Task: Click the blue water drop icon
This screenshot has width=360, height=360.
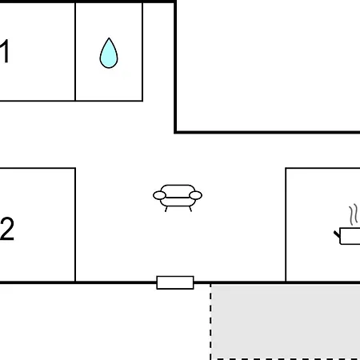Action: point(109,54)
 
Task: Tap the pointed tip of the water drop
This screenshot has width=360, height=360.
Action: point(109,38)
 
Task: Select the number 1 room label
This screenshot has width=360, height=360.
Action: point(5,51)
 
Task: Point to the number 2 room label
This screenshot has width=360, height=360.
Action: point(7,229)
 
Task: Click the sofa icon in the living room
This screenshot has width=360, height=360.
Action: point(178,198)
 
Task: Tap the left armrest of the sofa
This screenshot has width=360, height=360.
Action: point(159,195)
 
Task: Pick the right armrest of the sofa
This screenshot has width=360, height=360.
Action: point(195,195)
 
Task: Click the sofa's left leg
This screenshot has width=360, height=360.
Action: point(166,209)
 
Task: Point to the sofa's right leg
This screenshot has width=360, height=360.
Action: point(190,209)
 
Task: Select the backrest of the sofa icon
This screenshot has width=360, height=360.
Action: point(178,190)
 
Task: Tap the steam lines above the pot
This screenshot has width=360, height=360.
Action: point(354,214)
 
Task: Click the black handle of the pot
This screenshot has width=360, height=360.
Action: point(337,234)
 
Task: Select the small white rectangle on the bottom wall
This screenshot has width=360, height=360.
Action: point(175,282)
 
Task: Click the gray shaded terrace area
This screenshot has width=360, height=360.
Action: point(286,322)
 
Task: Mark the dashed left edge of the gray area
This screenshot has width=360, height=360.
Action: point(210,322)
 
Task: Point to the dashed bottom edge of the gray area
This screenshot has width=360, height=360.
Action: point(286,359)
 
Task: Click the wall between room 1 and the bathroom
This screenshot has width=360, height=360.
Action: point(75,51)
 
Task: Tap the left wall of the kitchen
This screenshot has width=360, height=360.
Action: point(286,225)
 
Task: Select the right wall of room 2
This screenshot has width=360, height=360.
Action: point(75,225)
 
